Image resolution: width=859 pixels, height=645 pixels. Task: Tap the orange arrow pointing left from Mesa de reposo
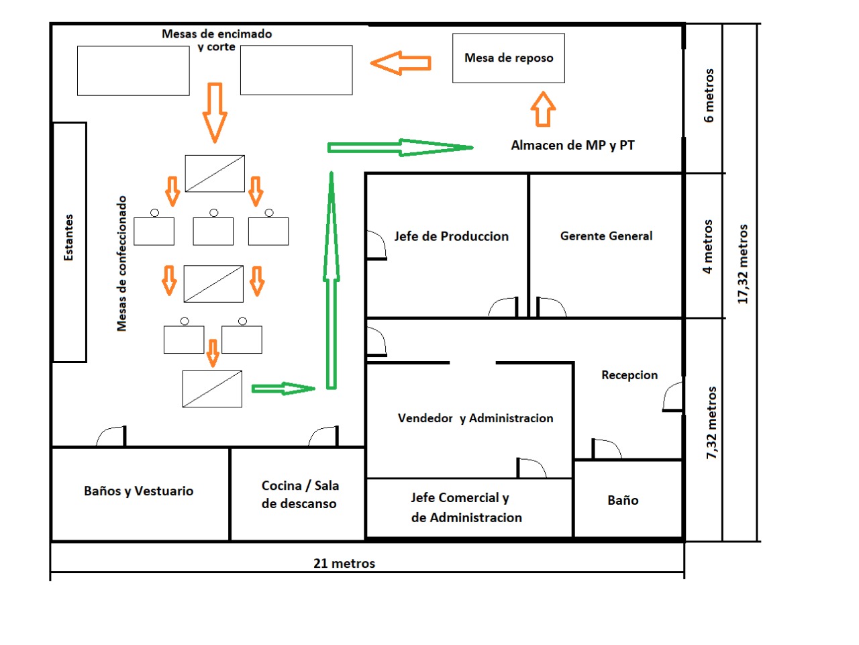(x=401, y=63)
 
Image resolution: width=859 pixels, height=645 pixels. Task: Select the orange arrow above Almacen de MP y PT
(x=543, y=109)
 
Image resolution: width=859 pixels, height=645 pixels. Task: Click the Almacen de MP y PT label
(x=572, y=145)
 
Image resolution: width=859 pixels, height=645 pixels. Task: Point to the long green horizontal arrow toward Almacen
(x=401, y=148)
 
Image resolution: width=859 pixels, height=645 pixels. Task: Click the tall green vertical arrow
(x=332, y=281)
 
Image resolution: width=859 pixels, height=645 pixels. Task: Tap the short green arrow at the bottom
(x=283, y=389)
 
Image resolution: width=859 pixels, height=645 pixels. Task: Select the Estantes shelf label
(x=68, y=238)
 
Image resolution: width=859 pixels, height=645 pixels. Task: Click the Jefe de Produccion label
(x=451, y=236)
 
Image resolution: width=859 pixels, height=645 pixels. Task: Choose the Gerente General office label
(x=606, y=236)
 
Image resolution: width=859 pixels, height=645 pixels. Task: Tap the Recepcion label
(x=629, y=375)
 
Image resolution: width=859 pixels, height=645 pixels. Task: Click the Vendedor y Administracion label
(x=476, y=418)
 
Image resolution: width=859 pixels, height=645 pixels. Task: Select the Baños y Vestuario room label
(x=138, y=491)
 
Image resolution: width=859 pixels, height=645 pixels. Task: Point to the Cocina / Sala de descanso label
(x=300, y=494)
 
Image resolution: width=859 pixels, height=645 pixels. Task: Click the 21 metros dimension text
(x=344, y=563)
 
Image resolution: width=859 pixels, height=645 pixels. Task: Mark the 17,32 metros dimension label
(x=742, y=264)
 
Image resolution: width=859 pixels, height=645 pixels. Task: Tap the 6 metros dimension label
(x=709, y=96)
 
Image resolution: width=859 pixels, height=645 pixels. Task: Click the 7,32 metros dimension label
(x=711, y=423)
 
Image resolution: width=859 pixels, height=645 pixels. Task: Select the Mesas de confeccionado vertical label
(x=121, y=264)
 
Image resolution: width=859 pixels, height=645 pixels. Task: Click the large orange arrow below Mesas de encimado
(x=215, y=113)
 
